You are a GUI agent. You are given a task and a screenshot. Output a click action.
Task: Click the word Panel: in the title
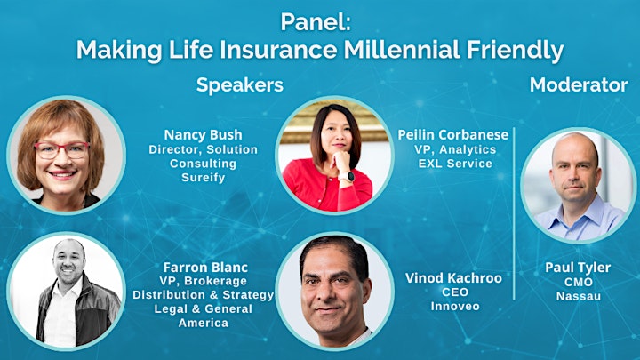[315, 22]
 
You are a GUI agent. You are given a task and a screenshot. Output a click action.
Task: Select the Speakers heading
[240, 85]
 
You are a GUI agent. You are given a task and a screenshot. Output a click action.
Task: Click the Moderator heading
[579, 85]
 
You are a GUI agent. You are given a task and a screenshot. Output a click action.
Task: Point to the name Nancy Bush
[203, 135]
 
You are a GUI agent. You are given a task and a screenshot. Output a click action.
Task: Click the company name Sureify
[203, 178]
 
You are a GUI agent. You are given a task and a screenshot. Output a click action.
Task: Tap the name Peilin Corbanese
[453, 135]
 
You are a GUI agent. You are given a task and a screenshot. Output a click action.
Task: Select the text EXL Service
[455, 164]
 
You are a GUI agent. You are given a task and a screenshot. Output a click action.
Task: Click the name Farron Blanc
[205, 268]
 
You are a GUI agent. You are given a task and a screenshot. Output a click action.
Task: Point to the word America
[204, 323]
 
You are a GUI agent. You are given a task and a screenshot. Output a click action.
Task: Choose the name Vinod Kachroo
[453, 278]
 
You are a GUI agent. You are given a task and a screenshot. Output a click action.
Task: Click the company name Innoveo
[455, 306]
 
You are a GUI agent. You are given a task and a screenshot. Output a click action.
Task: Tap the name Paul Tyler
[578, 268]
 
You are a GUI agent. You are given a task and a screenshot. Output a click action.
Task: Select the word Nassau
[579, 296]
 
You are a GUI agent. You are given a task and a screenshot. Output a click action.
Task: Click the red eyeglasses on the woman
[61, 150]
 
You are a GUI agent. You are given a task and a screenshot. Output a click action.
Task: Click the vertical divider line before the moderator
[514, 213]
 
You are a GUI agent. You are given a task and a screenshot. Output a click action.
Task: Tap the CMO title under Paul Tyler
[579, 282]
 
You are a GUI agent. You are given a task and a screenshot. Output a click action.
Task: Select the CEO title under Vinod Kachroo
[455, 292]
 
